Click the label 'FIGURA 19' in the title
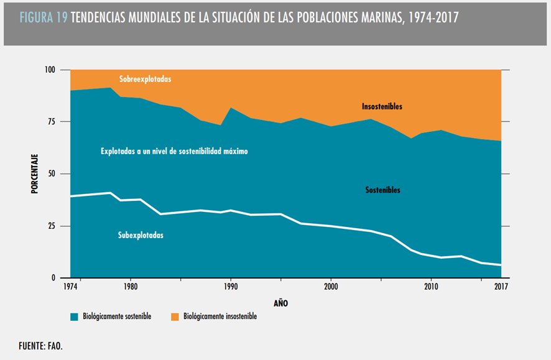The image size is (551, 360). [44, 18]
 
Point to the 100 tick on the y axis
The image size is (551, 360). [50, 70]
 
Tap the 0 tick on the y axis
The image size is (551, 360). [54, 278]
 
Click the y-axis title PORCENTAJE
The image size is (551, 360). [35, 174]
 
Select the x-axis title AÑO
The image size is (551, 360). [281, 303]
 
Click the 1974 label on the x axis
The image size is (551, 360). [70, 287]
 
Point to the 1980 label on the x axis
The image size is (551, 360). [131, 287]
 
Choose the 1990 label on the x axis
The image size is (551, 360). [231, 287]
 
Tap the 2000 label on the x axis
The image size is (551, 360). [330, 287]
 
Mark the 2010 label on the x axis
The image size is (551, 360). [430, 287]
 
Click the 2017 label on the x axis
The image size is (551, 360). [501, 287]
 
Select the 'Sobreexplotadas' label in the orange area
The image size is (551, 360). [145, 80]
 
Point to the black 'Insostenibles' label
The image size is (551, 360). [382, 106]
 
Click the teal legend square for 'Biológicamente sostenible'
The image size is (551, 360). [73, 316]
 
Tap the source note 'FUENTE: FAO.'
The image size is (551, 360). [40, 346]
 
